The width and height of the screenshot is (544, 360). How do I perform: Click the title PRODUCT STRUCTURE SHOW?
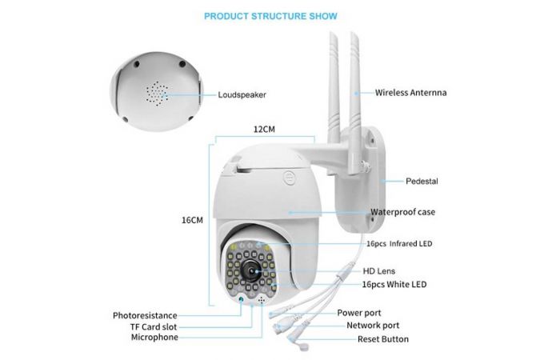270,16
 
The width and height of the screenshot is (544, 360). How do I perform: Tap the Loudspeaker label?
242,94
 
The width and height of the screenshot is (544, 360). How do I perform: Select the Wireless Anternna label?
410,93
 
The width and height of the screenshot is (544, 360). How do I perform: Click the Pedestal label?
422,181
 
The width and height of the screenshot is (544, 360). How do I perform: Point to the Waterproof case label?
402,212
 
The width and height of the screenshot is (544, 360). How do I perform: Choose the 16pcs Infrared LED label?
399,243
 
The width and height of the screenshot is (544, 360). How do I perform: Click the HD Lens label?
379,271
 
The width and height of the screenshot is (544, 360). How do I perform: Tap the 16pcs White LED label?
394,284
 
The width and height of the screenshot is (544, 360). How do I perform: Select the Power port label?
359,313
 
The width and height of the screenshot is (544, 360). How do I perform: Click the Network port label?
373,326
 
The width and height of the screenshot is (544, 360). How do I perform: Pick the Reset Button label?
383,339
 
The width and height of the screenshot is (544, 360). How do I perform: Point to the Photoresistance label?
145,316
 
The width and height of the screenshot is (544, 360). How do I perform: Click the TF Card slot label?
154,326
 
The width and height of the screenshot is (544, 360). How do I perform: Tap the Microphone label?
154,337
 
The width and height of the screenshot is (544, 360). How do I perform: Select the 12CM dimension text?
264,130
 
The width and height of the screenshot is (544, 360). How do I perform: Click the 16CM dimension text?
192,220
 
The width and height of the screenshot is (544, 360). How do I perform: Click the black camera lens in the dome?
251,270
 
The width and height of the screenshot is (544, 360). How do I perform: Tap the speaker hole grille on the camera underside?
157,94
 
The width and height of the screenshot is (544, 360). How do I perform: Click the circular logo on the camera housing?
289,178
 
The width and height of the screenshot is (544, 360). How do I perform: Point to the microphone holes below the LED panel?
262,300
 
